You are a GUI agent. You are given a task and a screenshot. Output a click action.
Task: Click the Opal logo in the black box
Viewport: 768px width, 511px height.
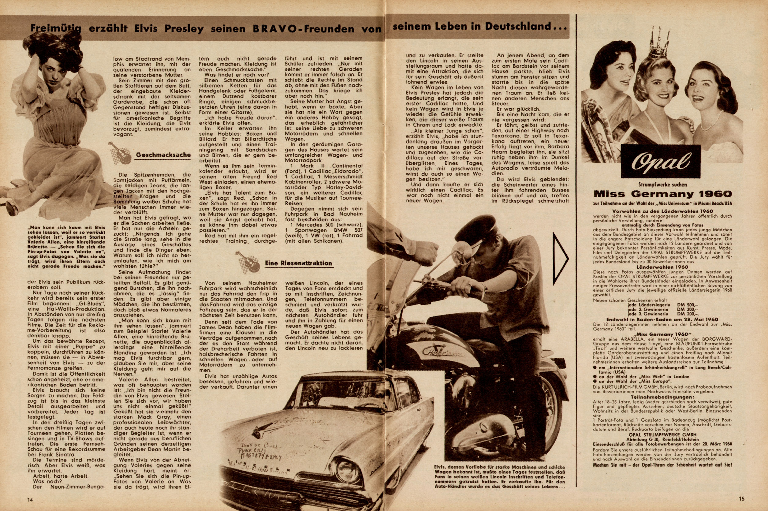[x=660, y=162]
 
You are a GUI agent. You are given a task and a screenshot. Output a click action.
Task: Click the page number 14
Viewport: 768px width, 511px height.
[x=31, y=499]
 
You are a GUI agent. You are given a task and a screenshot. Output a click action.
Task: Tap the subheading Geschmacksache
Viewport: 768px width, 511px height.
[x=163, y=155]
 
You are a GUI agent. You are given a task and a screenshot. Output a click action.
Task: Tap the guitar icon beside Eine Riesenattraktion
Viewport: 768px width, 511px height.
[x=248, y=262]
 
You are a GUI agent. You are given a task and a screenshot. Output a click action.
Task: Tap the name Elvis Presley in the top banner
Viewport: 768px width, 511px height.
[x=169, y=29]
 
